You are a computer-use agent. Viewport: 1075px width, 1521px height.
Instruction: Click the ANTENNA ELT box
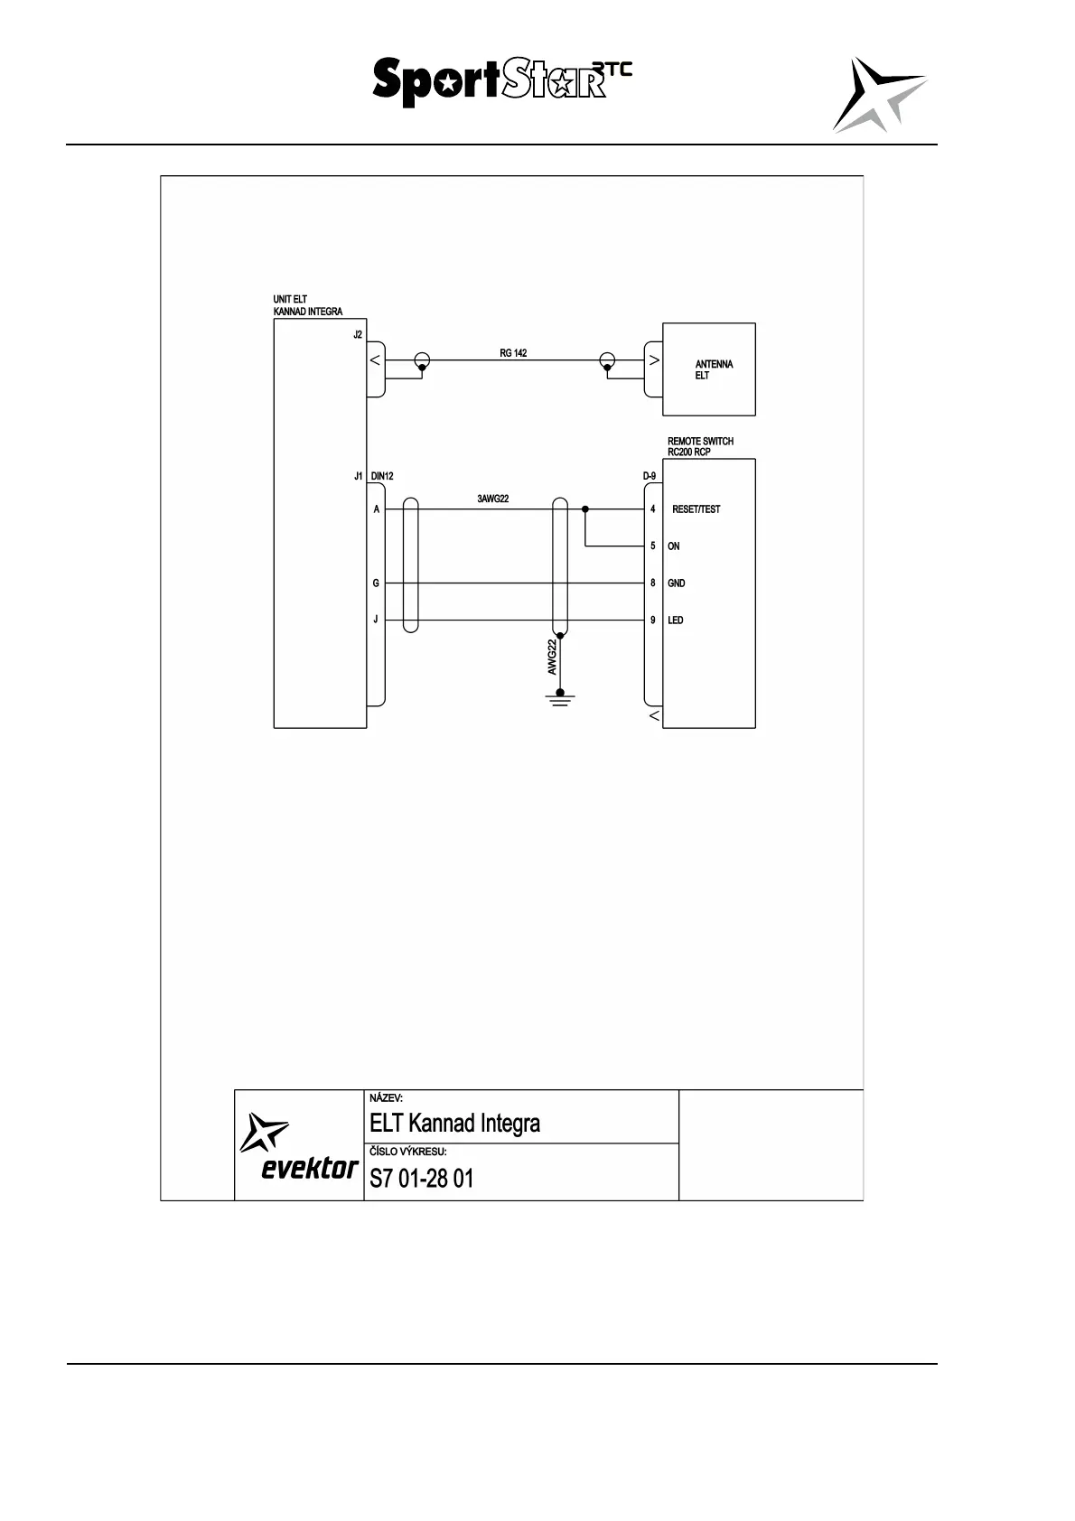(709, 369)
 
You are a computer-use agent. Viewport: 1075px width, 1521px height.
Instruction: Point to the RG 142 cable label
(513, 353)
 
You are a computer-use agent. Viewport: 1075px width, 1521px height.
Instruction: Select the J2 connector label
(358, 334)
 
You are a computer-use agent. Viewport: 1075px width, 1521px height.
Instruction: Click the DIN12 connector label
(382, 476)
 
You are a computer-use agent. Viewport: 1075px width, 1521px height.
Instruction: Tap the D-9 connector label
(649, 476)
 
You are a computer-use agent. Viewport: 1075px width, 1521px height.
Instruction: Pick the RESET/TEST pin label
(696, 509)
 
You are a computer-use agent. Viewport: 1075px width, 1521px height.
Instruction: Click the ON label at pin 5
(674, 546)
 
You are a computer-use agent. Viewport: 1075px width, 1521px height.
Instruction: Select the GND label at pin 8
(676, 583)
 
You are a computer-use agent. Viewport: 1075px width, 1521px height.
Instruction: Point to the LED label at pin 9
(676, 621)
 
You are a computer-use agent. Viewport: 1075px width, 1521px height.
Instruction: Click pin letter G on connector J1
(376, 583)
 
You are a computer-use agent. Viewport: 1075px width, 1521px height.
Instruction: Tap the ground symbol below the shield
(560, 698)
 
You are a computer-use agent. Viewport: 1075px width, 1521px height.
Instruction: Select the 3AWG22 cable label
(493, 499)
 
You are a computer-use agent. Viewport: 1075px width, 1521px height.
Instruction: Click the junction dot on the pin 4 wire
(585, 509)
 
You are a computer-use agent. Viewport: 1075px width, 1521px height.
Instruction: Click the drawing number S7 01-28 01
(422, 1178)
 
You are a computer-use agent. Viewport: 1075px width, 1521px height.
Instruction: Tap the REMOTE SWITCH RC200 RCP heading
(700, 446)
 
